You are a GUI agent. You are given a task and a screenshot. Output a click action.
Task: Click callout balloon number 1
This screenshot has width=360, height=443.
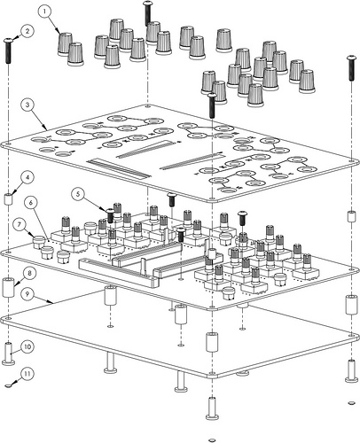click(44, 12)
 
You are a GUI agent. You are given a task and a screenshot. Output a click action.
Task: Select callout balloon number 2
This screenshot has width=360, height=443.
click(27, 31)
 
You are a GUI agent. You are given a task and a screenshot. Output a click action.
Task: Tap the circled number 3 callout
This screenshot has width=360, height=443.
click(27, 105)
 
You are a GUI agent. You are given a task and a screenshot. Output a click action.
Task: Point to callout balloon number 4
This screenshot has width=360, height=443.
click(27, 178)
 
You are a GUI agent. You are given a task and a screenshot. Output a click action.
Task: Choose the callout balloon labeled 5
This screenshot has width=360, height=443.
click(78, 194)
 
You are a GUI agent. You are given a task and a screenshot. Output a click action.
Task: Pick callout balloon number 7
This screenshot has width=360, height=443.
click(20, 225)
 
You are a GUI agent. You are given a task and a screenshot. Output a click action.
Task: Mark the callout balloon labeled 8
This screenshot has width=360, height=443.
click(28, 273)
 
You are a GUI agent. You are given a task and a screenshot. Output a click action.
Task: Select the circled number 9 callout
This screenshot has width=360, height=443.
click(27, 294)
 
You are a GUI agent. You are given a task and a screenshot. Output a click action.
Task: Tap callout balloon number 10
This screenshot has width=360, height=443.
click(27, 346)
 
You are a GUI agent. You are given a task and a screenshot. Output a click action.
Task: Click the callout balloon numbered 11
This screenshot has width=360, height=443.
click(27, 374)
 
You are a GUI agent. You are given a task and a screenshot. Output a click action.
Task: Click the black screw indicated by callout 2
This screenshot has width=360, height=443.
click(9, 51)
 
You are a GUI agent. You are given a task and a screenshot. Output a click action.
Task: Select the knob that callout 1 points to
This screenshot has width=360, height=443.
click(65, 44)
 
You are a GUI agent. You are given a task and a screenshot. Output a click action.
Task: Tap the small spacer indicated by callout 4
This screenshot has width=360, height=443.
click(9, 198)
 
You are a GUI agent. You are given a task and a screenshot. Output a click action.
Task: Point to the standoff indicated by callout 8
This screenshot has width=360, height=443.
click(9, 287)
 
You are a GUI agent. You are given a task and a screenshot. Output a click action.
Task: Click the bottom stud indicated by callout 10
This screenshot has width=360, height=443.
click(9, 354)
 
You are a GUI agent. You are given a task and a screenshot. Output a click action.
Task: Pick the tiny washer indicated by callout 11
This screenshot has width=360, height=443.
click(9, 385)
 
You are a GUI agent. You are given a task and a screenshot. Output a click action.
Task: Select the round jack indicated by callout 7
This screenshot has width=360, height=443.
click(37, 243)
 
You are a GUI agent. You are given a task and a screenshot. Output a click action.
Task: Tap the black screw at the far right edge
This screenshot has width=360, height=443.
click(351, 68)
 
